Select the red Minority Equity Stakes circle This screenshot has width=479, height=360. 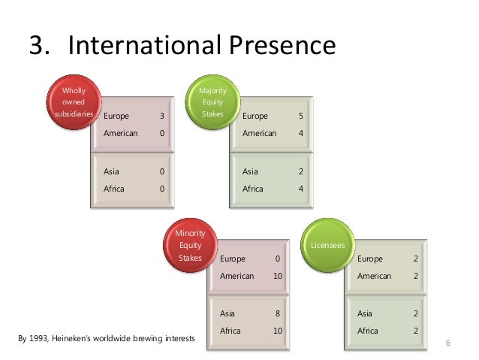pyautogui.click(x=189, y=245)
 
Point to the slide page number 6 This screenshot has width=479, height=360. pyautogui.click(x=448, y=343)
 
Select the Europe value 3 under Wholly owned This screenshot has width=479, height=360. pyautogui.click(x=161, y=116)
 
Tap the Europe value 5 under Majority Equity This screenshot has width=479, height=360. pyautogui.click(x=300, y=116)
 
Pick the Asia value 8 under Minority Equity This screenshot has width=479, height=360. pyautogui.click(x=278, y=313)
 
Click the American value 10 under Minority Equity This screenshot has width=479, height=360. pyautogui.click(x=278, y=276)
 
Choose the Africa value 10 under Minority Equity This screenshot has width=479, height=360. pyautogui.click(x=278, y=331)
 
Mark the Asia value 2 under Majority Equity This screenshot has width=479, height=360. pyautogui.click(x=300, y=171)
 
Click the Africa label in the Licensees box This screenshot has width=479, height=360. pyautogui.click(x=369, y=331)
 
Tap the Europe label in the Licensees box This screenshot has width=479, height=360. pyautogui.click(x=370, y=259)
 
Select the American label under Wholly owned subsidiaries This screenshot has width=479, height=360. pyautogui.click(x=120, y=133)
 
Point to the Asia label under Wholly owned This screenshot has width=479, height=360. pyautogui.click(x=111, y=171)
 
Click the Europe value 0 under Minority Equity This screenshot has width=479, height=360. pyautogui.click(x=278, y=259)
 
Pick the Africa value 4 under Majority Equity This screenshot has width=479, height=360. pyautogui.click(x=300, y=189)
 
